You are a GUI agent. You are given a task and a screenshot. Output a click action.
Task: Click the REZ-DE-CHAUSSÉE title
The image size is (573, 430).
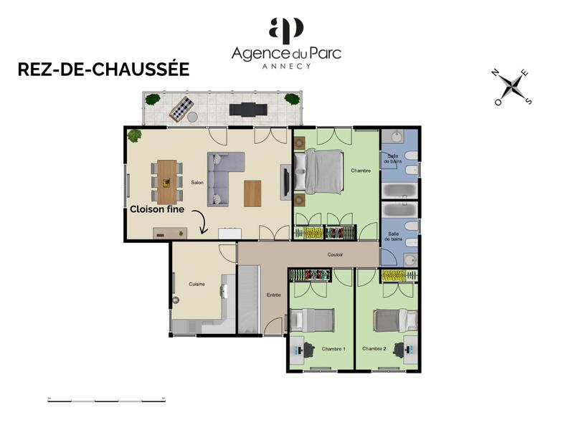pyautogui.click(x=103, y=70)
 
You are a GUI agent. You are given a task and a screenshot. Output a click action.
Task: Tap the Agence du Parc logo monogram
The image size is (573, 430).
pyautogui.click(x=286, y=31)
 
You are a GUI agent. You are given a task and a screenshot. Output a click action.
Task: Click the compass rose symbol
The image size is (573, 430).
pyautogui.click(x=513, y=87)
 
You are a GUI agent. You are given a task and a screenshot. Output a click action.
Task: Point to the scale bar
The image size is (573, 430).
pyautogui.click(x=105, y=398)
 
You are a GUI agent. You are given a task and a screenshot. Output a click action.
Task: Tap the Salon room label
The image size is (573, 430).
pyautogui.click(x=197, y=183)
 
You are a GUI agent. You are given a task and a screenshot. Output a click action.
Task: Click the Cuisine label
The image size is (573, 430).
pyautogui.click(x=197, y=285)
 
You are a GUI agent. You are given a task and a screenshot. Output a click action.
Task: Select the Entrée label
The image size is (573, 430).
pyautogui.click(x=273, y=295)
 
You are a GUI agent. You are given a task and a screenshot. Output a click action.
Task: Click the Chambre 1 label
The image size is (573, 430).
pyautogui.click(x=333, y=349)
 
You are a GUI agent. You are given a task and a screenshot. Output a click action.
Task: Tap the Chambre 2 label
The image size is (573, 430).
pyautogui.click(x=374, y=349)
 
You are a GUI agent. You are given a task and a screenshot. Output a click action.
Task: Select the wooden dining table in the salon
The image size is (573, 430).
pyautogui.click(x=166, y=182)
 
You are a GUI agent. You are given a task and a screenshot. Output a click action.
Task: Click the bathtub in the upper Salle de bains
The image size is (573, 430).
pyautogui.click(x=399, y=192)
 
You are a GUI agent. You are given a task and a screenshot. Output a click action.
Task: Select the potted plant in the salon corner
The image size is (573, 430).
pyautogui.click(x=134, y=135)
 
